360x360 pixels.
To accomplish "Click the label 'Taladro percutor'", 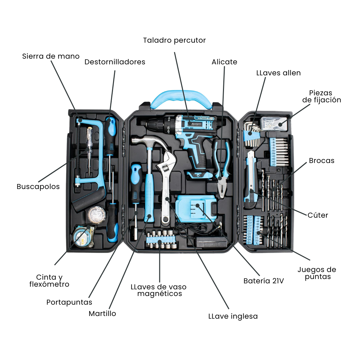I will (174, 40).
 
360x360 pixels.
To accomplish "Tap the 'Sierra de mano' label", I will (51, 56).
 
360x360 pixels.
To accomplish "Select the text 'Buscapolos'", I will (38, 187).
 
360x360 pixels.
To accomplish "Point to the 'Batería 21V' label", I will (264, 281).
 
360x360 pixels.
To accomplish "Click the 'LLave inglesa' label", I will (233, 316).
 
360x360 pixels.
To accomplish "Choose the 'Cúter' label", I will (318, 215).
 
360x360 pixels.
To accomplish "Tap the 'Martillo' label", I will (102, 314).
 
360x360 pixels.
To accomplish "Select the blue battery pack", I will (195, 209).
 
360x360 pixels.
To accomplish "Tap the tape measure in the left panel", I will (82, 237).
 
